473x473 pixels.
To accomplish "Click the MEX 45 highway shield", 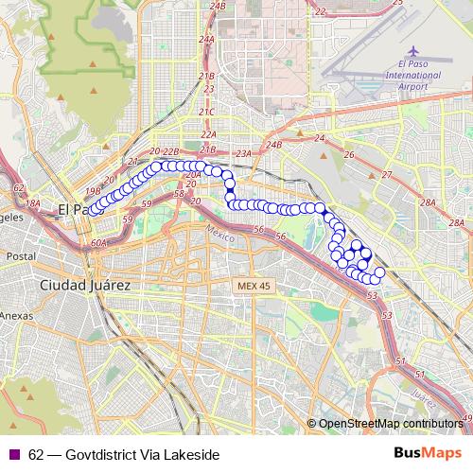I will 254,285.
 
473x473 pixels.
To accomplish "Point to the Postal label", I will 20,256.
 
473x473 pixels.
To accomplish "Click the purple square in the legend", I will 12,454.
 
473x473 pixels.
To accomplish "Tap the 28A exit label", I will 429,203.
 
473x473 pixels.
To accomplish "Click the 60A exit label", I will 101,243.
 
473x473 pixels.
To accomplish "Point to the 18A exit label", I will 32,203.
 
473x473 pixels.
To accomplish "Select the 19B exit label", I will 92,189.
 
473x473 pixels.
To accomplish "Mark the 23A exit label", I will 242,153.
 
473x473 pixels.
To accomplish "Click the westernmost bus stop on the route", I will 94,209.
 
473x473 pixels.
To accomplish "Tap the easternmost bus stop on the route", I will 379,272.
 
